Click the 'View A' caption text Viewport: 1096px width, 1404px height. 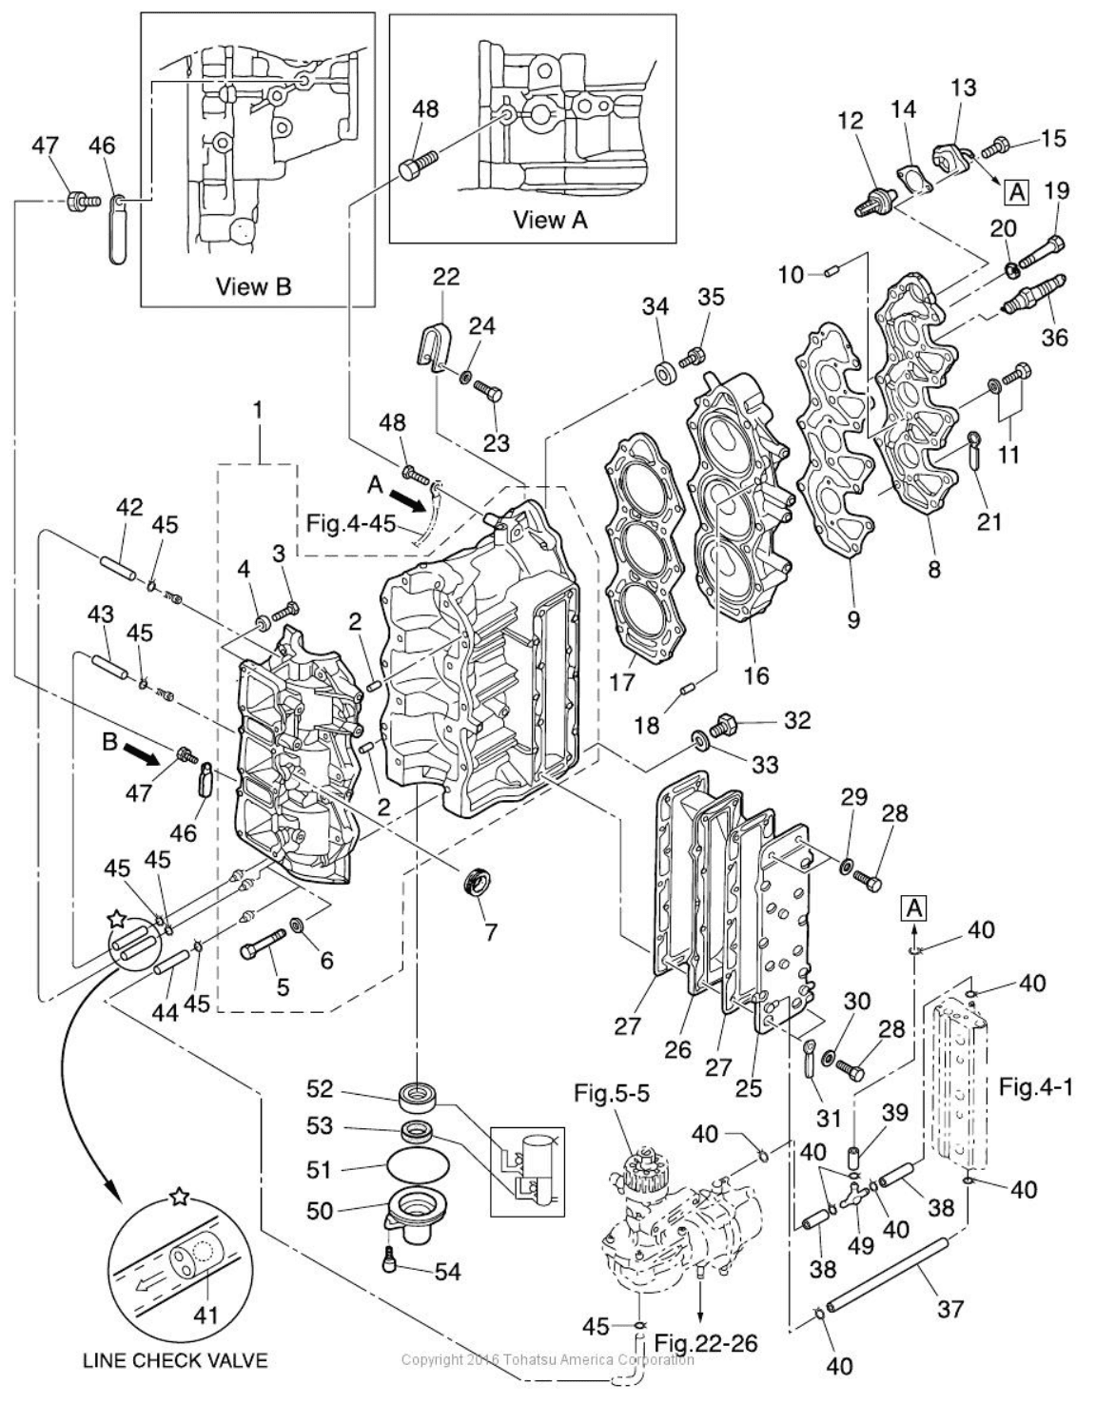point(550,220)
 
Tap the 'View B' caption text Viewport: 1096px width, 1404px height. point(253,286)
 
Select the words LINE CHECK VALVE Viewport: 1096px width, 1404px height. point(173,1358)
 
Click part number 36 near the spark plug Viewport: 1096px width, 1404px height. point(1054,337)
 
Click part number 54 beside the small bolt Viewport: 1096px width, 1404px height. point(446,1272)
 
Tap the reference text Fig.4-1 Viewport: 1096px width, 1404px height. point(1036,1086)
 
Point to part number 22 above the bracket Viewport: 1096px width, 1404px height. point(445,277)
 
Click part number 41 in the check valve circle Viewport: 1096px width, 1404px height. point(205,1316)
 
